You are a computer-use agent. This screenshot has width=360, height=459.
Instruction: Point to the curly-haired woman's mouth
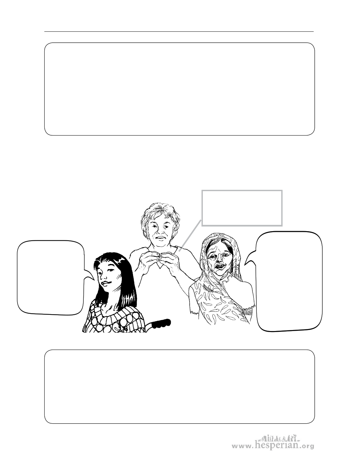tap(161, 238)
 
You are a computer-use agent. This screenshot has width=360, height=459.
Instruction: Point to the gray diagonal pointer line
tap(190, 235)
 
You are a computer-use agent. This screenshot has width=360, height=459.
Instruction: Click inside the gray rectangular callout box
tap(242, 208)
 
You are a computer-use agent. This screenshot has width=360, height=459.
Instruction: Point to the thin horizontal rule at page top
tap(179, 32)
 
